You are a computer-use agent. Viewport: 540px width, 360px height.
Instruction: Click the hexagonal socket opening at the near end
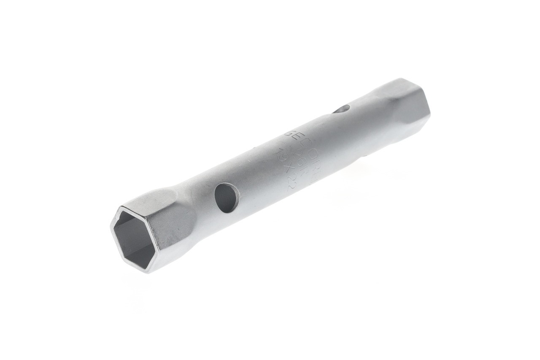(x=134, y=238)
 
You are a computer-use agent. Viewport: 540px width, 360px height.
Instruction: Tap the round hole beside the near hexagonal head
(x=227, y=198)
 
